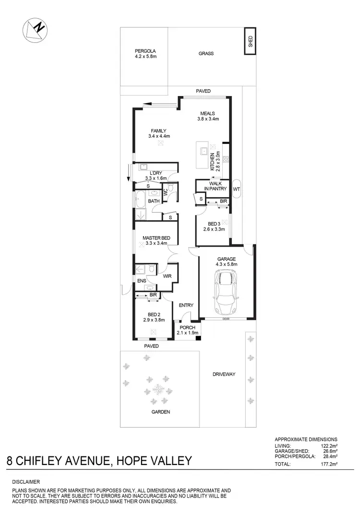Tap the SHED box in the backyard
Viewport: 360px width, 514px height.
250,40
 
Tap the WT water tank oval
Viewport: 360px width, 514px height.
236,189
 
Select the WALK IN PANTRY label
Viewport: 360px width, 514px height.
211,186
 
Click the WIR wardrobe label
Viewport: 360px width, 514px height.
167,276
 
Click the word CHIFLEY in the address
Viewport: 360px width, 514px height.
65,461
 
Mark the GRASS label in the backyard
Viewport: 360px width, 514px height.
206,54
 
